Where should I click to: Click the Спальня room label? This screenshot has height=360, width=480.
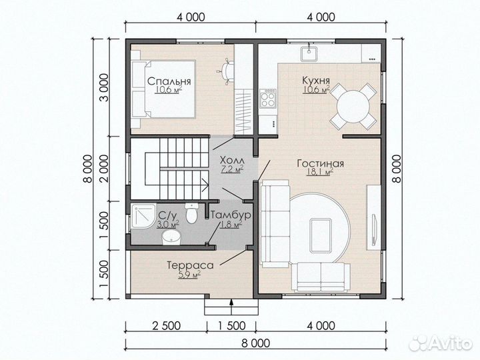point(169,81)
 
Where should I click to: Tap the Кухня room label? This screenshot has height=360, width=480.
point(316,80)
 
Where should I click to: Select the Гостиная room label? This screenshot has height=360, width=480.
point(320,163)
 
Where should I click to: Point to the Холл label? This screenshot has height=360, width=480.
point(233,160)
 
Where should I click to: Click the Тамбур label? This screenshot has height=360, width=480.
point(231,215)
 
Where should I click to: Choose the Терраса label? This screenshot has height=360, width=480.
point(190,265)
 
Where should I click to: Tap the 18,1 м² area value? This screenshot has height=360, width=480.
point(320,173)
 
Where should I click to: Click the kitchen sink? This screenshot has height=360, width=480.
point(309,54)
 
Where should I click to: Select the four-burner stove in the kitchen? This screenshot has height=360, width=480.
point(268,98)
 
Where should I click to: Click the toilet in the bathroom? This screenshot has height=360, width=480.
point(192,213)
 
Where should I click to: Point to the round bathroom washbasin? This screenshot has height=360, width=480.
point(171,237)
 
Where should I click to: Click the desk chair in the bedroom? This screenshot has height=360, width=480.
point(226,71)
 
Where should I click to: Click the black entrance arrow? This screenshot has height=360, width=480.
point(231,306)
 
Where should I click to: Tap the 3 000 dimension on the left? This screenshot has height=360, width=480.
point(104,87)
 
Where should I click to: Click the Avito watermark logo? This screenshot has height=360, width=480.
point(441,343)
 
